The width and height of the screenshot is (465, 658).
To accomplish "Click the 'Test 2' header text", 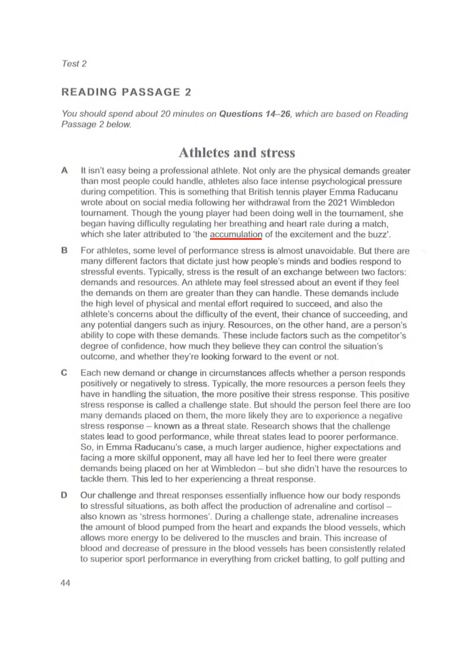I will click(x=74, y=64).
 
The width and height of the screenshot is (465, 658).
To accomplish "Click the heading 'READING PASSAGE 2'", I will click(x=126, y=92).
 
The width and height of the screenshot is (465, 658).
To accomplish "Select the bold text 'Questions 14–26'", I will click(x=255, y=114).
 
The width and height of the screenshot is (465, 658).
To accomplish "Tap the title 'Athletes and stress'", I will click(x=237, y=153).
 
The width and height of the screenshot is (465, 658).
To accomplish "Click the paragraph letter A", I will click(x=64, y=171).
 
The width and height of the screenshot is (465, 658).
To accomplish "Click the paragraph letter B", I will click(x=64, y=251).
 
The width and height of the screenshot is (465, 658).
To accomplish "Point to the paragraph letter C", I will click(x=64, y=373).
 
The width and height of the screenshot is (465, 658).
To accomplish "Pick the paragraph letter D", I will click(x=64, y=495).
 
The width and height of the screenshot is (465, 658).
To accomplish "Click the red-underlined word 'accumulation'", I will click(x=236, y=234).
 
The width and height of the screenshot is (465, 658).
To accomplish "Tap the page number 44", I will click(x=65, y=583).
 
